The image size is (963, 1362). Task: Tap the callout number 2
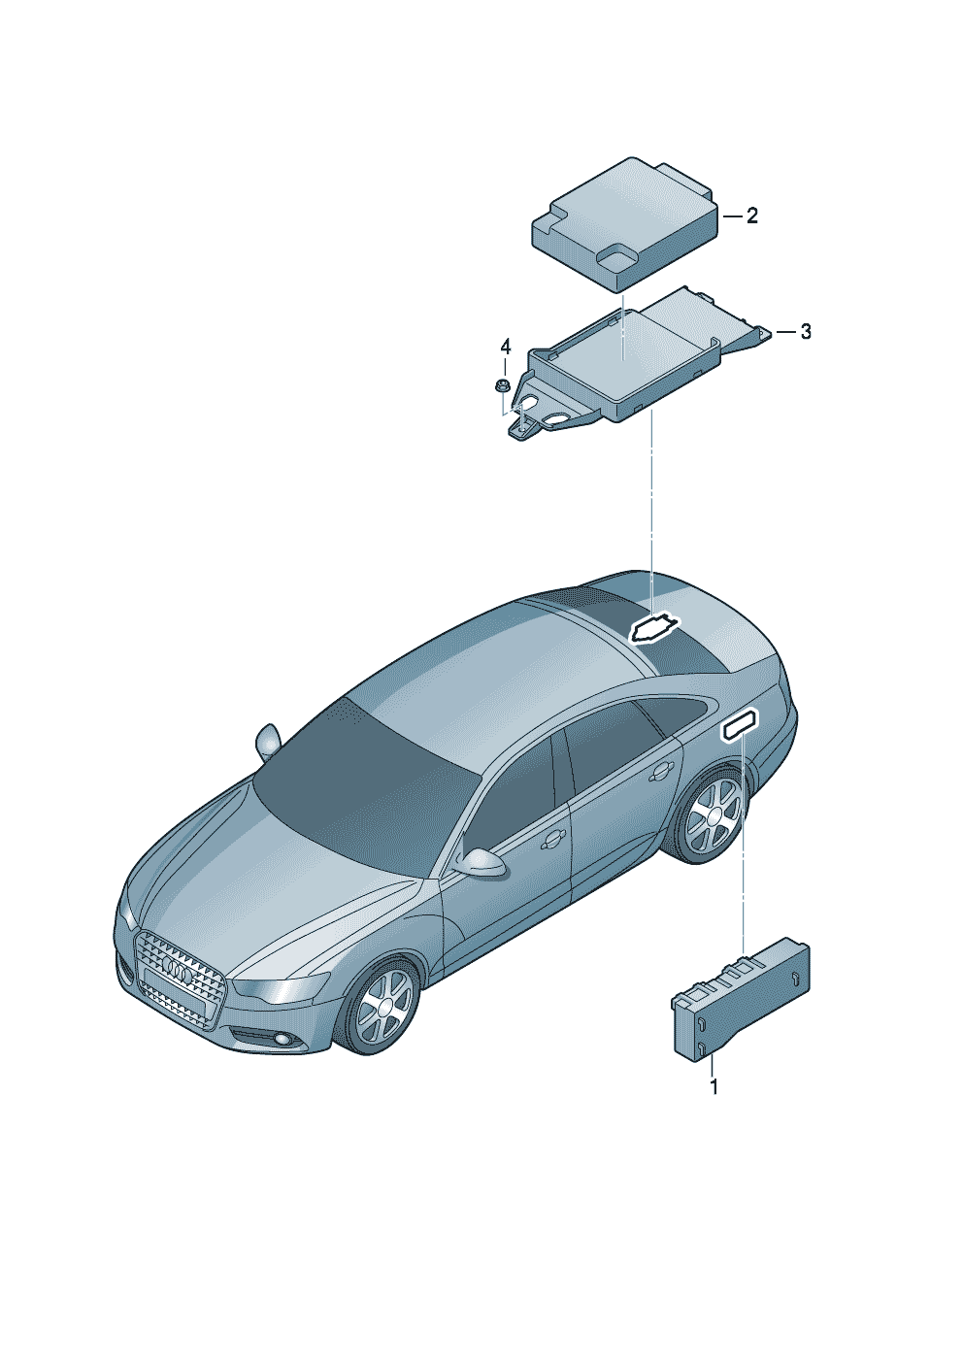pos(752,216)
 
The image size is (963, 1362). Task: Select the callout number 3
pos(806,331)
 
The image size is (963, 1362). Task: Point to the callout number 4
pos(505,348)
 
